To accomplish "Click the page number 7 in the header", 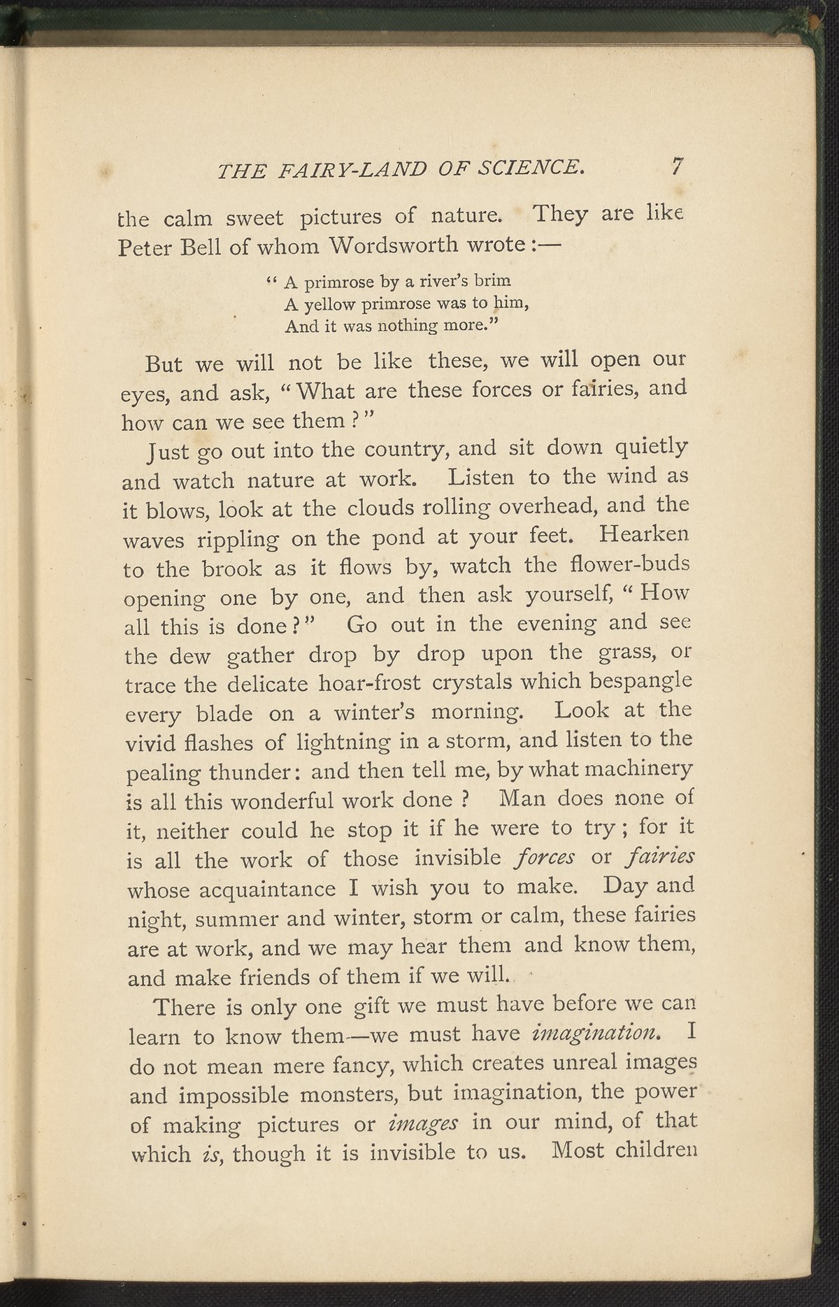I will click(x=675, y=166).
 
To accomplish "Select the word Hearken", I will click(x=644, y=534).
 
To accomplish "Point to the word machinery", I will click(x=637, y=769).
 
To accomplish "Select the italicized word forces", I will click(x=543, y=857).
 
